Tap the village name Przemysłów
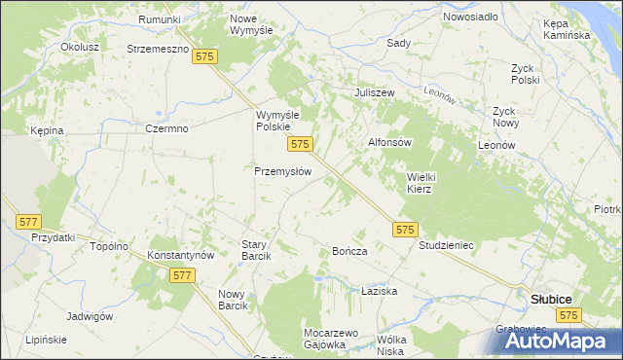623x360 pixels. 282,170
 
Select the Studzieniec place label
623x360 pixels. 446,245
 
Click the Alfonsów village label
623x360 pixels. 390,142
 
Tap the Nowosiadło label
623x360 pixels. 470,18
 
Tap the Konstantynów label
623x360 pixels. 180,254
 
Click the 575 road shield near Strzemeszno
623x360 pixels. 204,58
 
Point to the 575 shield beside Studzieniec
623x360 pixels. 407,230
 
